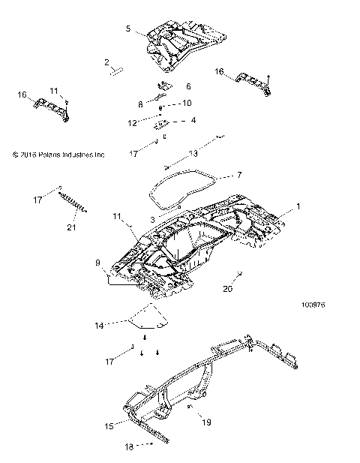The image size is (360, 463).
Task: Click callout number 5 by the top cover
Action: [128, 29]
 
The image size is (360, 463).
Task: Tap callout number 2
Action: [107, 62]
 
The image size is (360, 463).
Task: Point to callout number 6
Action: [188, 86]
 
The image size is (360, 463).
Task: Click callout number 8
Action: [140, 104]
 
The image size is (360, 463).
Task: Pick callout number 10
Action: [187, 103]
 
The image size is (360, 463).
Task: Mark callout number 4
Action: [193, 120]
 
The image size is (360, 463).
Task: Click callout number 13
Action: [193, 153]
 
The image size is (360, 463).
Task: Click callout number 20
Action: [227, 287]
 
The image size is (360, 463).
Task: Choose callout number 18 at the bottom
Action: [129, 446]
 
